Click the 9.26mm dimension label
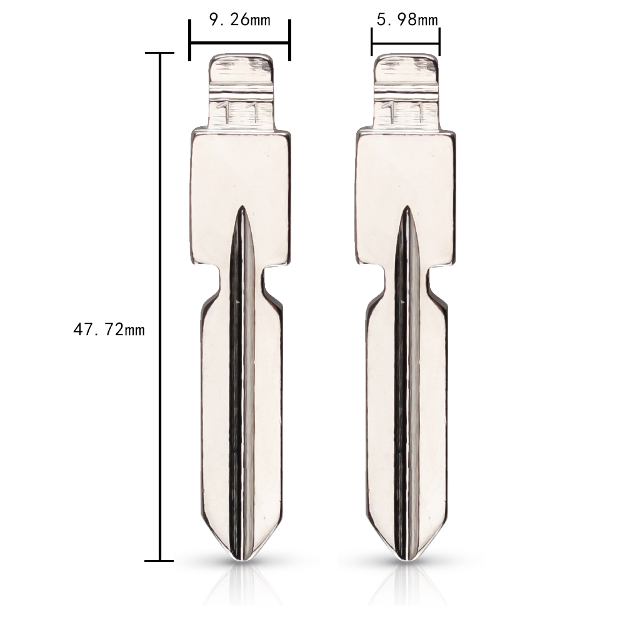point(239,20)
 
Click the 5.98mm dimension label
point(407,20)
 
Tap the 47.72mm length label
point(109,329)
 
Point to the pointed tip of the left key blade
point(241,557)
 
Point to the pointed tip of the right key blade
point(407,557)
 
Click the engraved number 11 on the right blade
point(406,112)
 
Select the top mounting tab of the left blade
point(241,75)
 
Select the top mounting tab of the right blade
point(406,75)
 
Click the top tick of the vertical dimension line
point(160,53)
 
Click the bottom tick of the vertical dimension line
point(160,561)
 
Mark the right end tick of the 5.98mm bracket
point(439,42)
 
